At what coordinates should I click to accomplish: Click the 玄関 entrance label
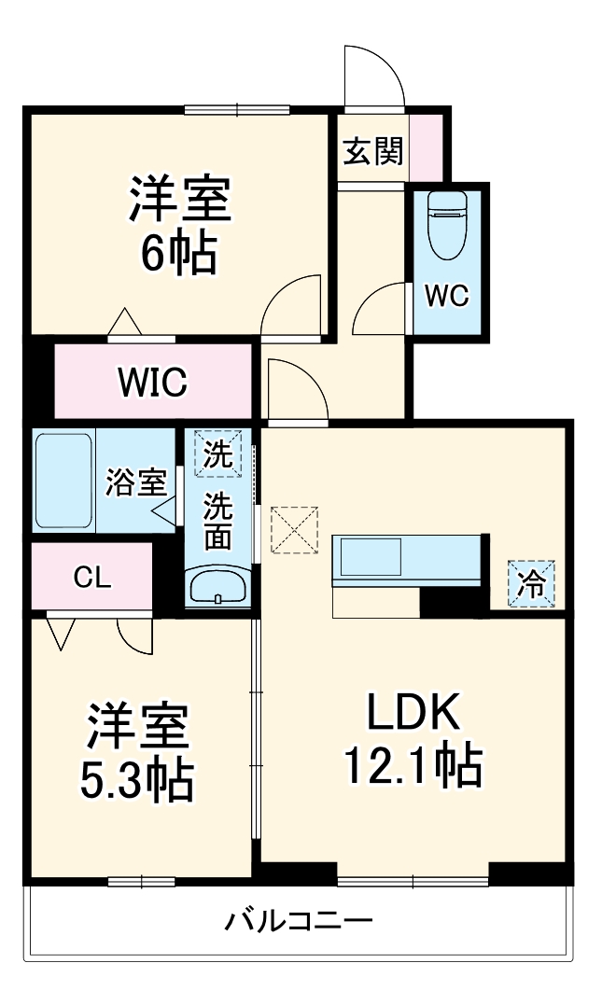click(372, 150)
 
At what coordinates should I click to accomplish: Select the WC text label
click(446, 296)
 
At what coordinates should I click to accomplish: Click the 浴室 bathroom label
click(135, 482)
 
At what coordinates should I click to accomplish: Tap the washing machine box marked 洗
click(218, 454)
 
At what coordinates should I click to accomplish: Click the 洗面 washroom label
click(218, 522)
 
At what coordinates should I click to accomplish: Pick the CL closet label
click(92, 578)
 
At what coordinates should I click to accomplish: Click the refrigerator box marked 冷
click(531, 583)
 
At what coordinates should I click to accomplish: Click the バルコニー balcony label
click(299, 923)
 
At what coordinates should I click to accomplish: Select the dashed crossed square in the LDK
click(294, 530)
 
